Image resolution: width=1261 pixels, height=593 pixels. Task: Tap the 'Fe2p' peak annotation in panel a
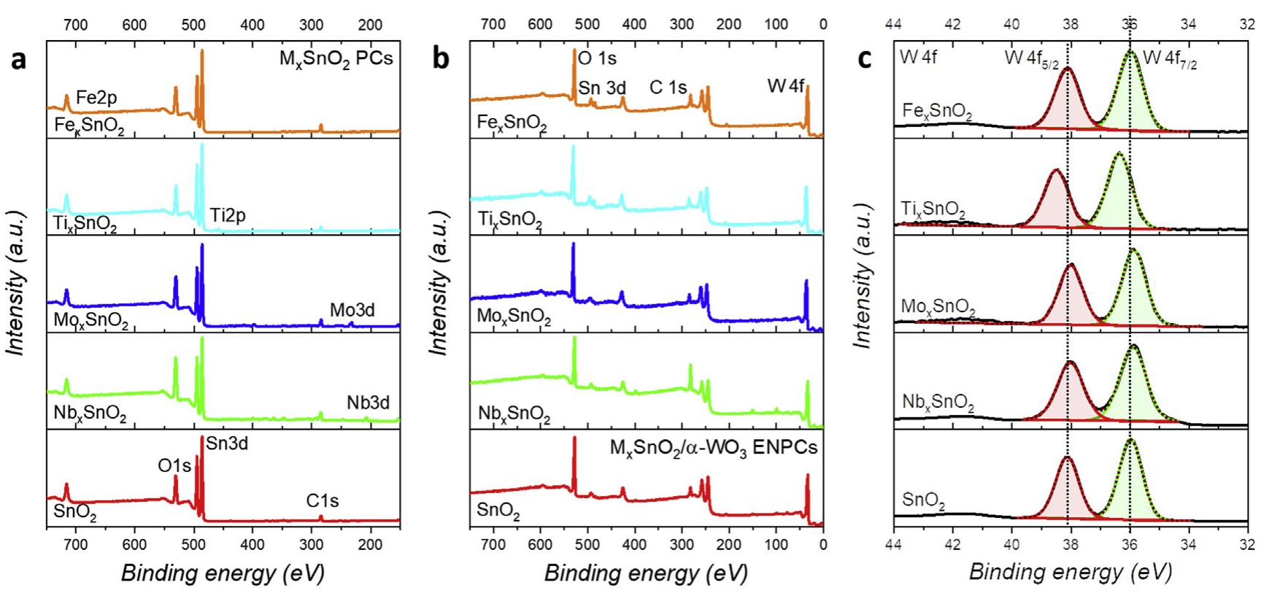pos(96,97)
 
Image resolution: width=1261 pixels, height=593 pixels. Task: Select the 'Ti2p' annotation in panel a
pos(228,215)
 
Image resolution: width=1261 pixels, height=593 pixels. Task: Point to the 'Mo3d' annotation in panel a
pos(352,310)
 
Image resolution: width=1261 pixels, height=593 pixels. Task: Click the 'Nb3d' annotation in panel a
pos(368,403)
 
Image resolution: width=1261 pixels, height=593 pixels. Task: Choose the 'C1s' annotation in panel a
pos(322,501)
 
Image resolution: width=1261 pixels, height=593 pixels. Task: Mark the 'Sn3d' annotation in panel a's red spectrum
pos(227,443)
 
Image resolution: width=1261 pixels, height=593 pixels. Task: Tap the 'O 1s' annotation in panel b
pos(597,58)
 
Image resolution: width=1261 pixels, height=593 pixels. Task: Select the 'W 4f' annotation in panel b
pos(785,86)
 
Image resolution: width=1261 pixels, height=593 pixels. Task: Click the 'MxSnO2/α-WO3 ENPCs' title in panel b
pos(713,447)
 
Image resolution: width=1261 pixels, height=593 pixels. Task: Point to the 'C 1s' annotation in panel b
pos(668,88)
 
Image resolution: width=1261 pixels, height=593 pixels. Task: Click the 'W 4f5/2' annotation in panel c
pos(1031,58)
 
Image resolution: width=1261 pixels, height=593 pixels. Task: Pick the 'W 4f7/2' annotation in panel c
pos(1170,58)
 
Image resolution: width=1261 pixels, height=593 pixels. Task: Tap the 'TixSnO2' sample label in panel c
pos(933,211)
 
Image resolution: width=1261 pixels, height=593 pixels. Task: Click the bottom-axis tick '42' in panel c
pos(952,545)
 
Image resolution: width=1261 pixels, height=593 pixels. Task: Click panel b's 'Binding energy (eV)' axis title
pos(646,573)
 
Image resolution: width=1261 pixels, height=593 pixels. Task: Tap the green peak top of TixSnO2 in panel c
pos(1118,153)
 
